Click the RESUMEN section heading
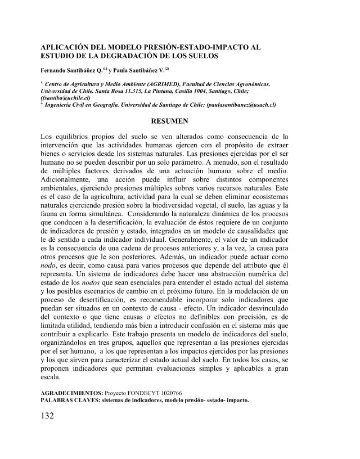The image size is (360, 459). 180,121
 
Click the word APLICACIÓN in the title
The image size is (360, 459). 73,46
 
